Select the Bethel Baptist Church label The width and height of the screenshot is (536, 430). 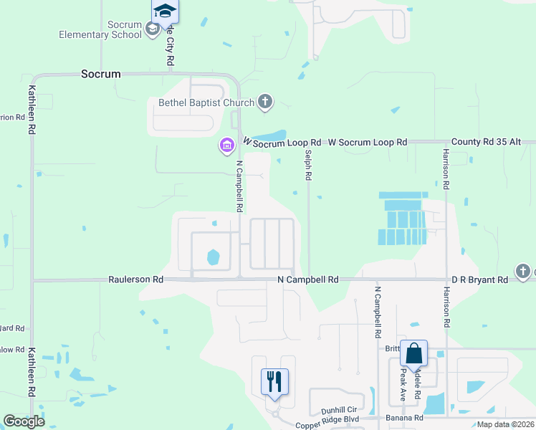(206, 102)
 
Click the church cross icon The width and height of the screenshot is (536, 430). (265, 102)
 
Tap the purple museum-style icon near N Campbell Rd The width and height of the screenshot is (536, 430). (227, 146)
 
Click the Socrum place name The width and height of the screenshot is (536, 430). (101, 74)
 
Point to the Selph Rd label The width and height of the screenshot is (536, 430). (308, 165)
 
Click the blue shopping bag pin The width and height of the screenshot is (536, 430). (414, 353)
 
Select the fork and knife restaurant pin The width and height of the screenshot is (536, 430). (274, 381)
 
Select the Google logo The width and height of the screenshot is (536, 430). (24, 421)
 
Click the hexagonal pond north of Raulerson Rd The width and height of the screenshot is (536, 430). (213, 256)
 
